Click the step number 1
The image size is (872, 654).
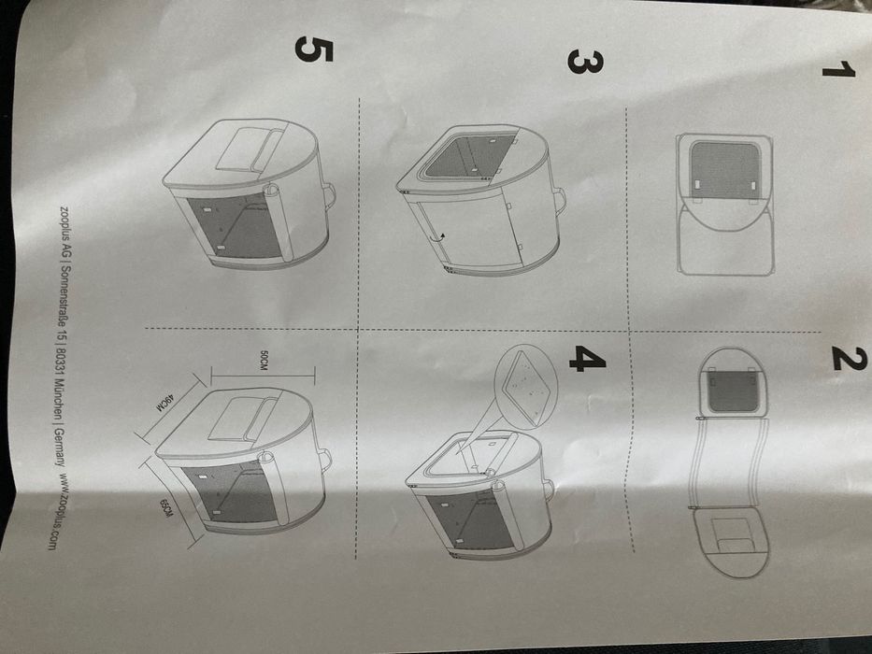point(838,71)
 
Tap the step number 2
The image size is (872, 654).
point(850,359)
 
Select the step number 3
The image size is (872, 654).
point(584,61)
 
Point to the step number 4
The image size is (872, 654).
point(587,359)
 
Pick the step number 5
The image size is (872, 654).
point(313,49)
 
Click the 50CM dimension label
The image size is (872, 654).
point(264,363)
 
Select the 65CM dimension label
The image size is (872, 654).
point(166,508)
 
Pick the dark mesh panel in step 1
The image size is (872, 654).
point(725,171)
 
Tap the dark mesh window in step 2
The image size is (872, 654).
point(734,392)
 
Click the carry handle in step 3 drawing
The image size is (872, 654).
point(560,198)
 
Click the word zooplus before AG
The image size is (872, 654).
point(66,225)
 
